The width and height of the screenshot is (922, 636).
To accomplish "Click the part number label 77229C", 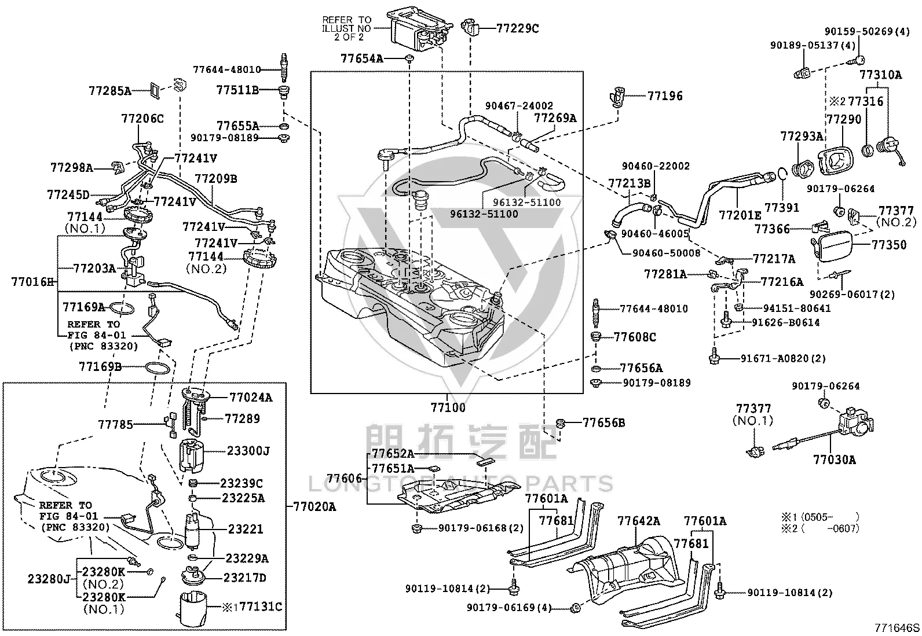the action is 517,28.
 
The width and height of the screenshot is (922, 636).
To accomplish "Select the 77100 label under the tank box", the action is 448,407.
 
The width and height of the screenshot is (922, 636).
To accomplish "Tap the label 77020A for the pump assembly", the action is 314,507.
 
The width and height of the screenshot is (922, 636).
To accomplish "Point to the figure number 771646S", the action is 897,628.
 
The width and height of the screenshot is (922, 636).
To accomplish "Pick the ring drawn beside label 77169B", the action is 157,368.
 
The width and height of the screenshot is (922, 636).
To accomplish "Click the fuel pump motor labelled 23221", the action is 192,530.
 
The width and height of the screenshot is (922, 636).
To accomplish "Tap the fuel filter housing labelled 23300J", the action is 191,455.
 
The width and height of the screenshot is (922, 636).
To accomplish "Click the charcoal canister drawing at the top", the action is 419,26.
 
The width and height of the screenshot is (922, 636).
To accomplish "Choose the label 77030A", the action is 835,459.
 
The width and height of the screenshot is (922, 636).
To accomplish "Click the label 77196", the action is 665,96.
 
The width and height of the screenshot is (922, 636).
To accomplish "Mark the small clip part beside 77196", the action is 617,97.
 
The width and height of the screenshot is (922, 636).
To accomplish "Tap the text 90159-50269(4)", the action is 867,32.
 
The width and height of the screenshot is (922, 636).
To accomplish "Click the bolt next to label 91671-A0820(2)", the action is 714,356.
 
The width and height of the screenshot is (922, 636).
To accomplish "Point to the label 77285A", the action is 110,90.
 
